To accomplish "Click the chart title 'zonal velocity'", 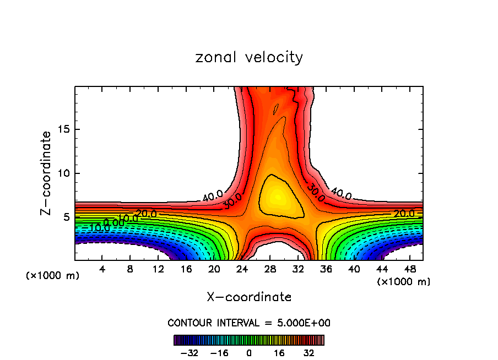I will tap(249, 57).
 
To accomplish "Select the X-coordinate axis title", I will tap(249, 297).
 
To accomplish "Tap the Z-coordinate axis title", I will tap(46, 173).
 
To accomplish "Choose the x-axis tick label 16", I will tap(186, 269).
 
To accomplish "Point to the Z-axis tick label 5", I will tap(67, 217).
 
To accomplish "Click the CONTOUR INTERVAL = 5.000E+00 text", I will tap(249, 323).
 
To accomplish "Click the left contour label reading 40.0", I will tap(213, 195).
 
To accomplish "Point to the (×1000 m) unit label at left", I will tap(53, 276).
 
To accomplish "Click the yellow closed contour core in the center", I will tap(278, 197).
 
